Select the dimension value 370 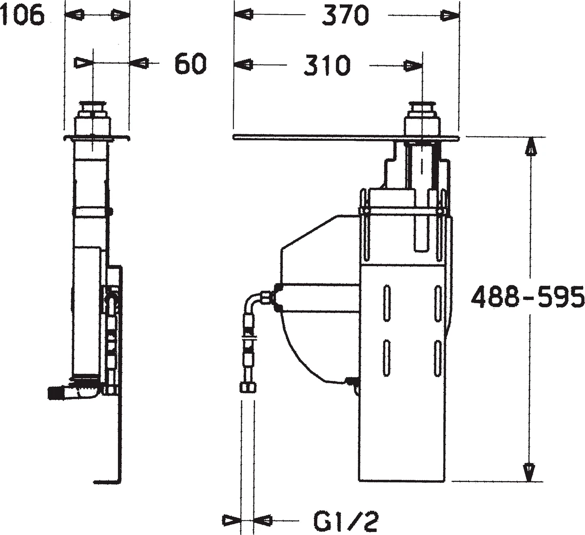pyautogui.click(x=345, y=16)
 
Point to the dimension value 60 pyautogui.click(x=191, y=63)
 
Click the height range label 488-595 pyautogui.click(x=527, y=297)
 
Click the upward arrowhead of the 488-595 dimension pyautogui.click(x=530, y=148)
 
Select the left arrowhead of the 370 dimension pyautogui.click(x=244, y=15)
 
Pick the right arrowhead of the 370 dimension pyautogui.click(x=449, y=15)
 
